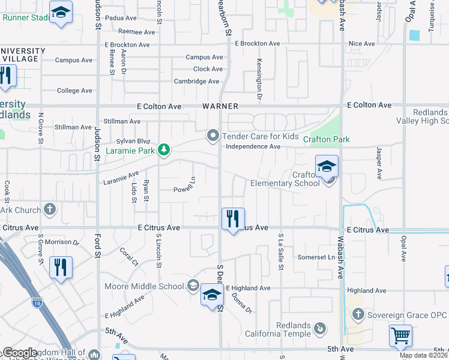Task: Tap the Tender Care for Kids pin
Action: tap(212, 136)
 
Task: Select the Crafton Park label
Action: tap(326, 139)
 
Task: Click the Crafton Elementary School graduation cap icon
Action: tap(327, 166)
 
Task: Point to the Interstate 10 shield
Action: tap(37, 302)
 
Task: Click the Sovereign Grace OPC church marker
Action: tap(358, 314)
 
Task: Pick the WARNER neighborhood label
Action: tap(220, 106)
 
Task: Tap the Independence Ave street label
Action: tap(253, 146)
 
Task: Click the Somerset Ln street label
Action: tap(316, 257)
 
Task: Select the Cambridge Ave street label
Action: tap(196, 81)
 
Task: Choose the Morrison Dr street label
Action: tap(62, 242)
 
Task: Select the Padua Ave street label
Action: tap(121, 19)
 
